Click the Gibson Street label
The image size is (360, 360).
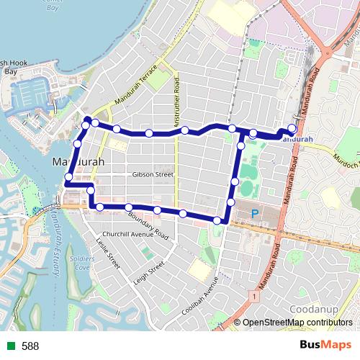(x=153, y=174)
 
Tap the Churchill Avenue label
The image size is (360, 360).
(x=128, y=233)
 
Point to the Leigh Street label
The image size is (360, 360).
(x=148, y=272)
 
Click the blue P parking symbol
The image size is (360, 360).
(x=254, y=214)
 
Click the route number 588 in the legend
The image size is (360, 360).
(x=30, y=346)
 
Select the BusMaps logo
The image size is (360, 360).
(x=325, y=346)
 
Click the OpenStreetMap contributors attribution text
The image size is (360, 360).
(x=297, y=323)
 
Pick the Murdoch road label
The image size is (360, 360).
(x=343, y=158)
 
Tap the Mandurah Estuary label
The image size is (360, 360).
(x=47, y=241)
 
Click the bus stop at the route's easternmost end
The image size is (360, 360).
(x=292, y=129)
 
